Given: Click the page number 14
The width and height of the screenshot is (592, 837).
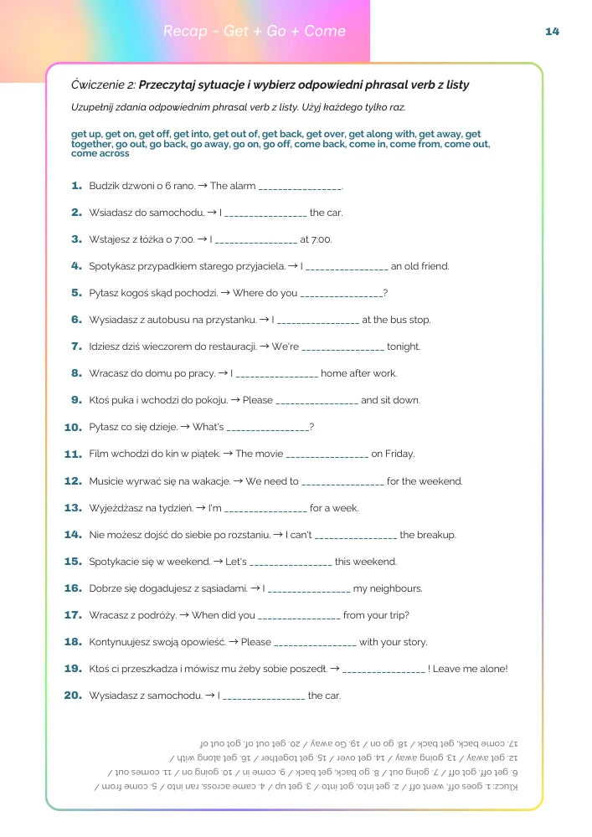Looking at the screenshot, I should pyautogui.click(x=552, y=32).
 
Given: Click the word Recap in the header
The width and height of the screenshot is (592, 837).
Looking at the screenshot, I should pyautogui.click(x=185, y=32).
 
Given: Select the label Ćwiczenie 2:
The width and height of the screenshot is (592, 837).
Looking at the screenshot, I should pyautogui.click(x=104, y=85).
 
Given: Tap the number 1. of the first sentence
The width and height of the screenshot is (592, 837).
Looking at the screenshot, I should pyautogui.click(x=77, y=186).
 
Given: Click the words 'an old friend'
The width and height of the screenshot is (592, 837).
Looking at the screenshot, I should pyautogui.click(x=420, y=267).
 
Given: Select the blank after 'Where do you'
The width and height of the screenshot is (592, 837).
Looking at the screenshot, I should pyautogui.click(x=341, y=294).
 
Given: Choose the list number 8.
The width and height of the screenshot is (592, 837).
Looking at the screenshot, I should pyautogui.click(x=77, y=374).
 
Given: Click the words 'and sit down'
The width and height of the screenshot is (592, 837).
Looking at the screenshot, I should pyautogui.click(x=390, y=401).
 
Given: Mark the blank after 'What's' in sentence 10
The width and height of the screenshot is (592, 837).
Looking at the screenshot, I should pyautogui.click(x=267, y=428).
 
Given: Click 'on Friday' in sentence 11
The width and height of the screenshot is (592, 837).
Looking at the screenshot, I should pyautogui.click(x=393, y=454).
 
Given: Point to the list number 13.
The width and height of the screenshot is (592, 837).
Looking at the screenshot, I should pyautogui.click(x=74, y=508).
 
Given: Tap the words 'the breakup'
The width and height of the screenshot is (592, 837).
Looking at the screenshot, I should pyautogui.click(x=428, y=535).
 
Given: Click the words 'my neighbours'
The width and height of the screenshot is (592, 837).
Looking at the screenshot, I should pyautogui.click(x=388, y=588).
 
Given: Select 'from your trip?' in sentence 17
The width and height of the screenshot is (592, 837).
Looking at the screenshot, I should pyautogui.click(x=376, y=615).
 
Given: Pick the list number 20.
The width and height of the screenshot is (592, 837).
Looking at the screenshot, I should pyautogui.click(x=74, y=696).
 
